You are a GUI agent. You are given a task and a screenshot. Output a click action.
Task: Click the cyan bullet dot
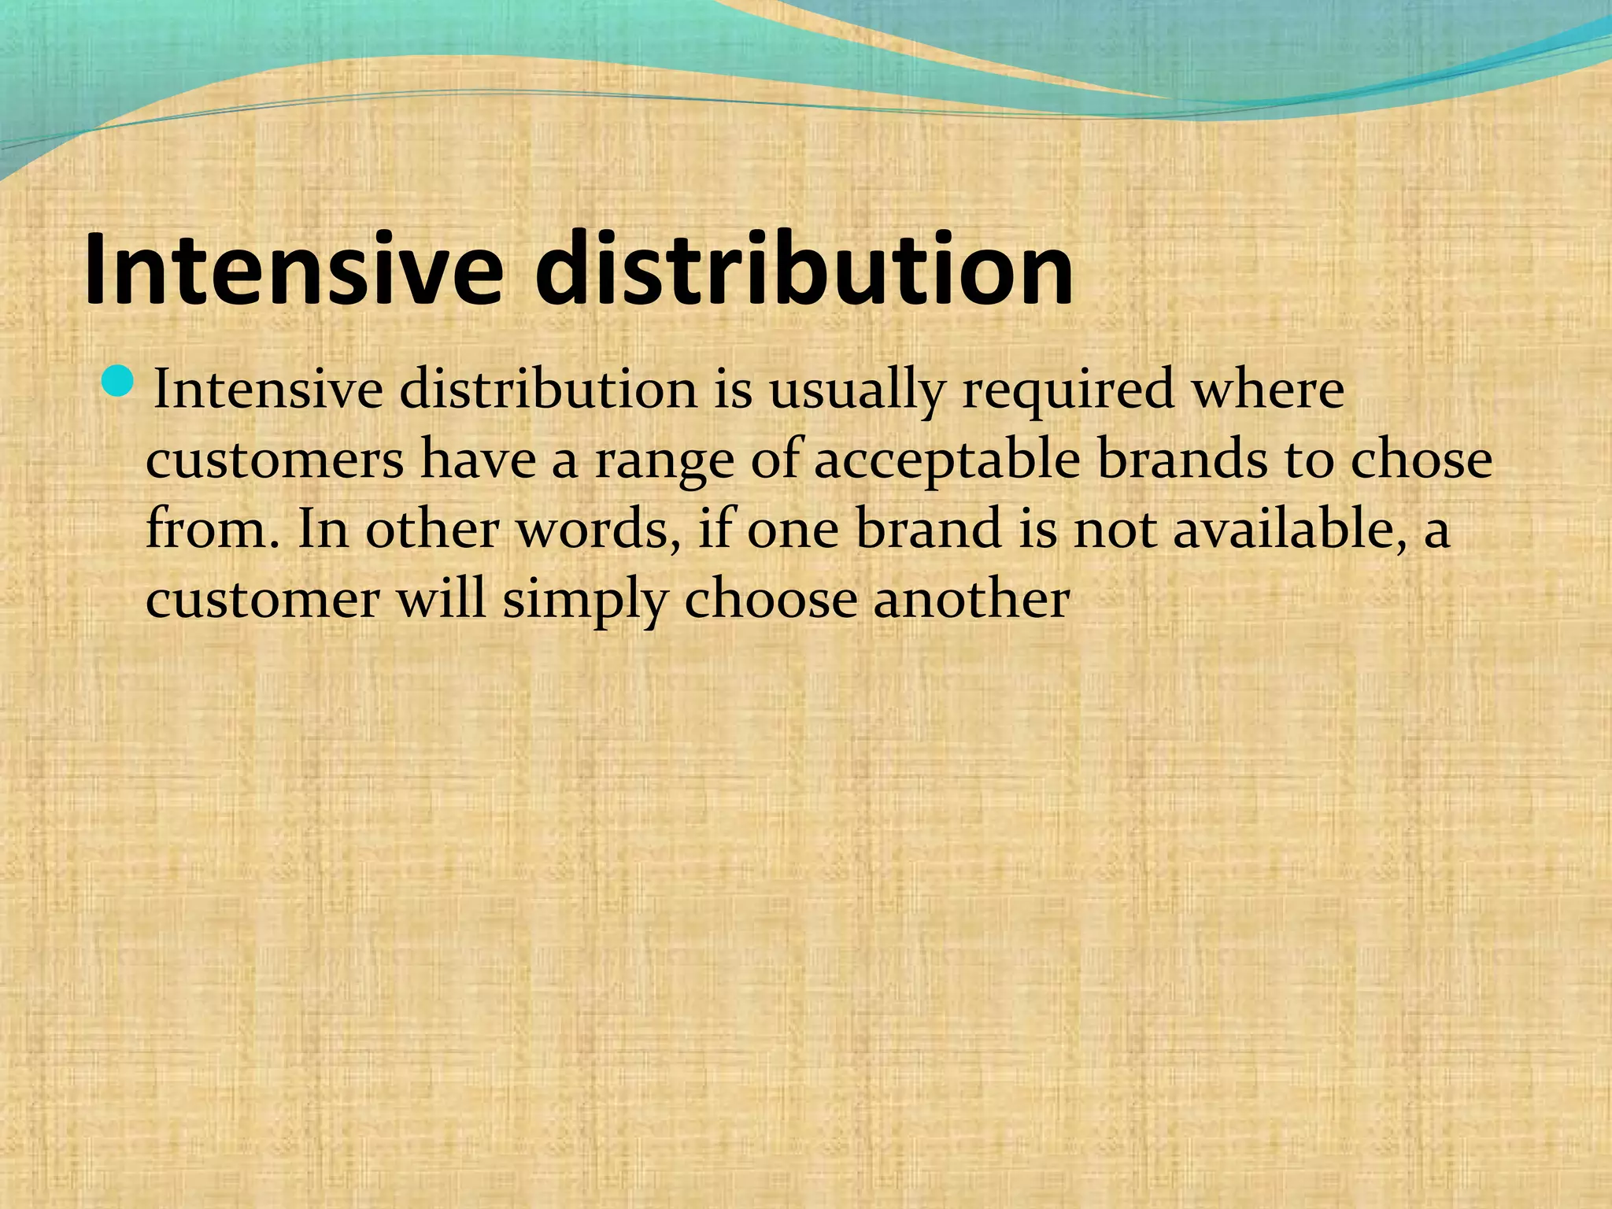pyautogui.click(x=119, y=382)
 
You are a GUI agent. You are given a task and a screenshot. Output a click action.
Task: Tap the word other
pyautogui.click(x=431, y=528)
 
